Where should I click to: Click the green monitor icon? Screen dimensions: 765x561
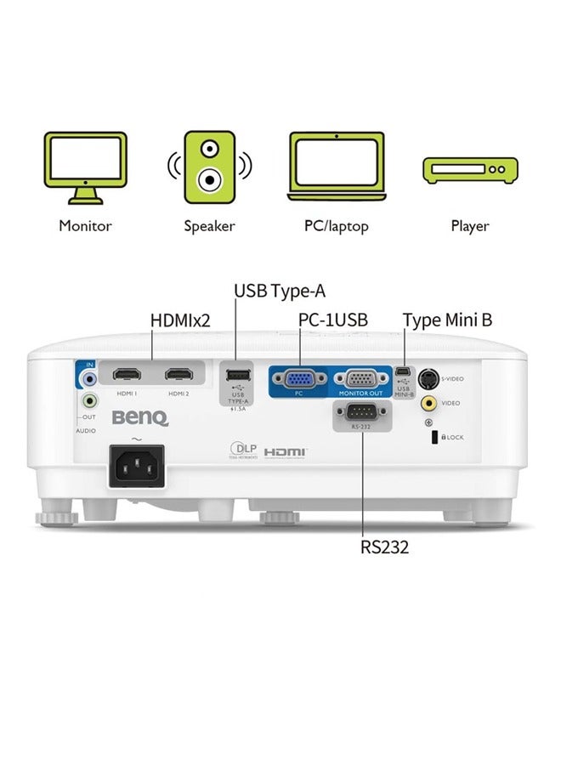[x=85, y=167]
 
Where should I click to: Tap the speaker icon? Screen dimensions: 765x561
[x=209, y=167]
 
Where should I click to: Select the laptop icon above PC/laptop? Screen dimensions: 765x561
[x=337, y=163]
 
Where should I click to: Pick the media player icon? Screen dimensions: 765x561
[x=469, y=169]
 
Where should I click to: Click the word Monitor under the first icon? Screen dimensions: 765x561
[x=85, y=226]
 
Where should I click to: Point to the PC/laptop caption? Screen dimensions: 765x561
[x=337, y=227]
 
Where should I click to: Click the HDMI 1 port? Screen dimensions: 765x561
[x=127, y=374]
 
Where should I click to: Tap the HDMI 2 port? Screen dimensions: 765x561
[x=178, y=374]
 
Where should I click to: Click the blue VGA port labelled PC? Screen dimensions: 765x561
[x=298, y=377]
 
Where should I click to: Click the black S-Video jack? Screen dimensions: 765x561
[x=430, y=379]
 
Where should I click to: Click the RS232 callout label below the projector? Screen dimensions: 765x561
[x=384, y=547]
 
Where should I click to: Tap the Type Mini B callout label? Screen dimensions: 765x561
[x=447, y=320]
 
